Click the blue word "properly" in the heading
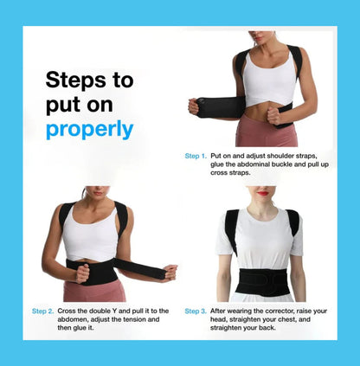tap(90, 130)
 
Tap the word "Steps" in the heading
tap(74, 80)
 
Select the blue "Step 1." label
tap(195, 156)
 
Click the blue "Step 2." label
tap(43, 311)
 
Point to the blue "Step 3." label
tap(196, 311)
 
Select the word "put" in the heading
tap(59, 105)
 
